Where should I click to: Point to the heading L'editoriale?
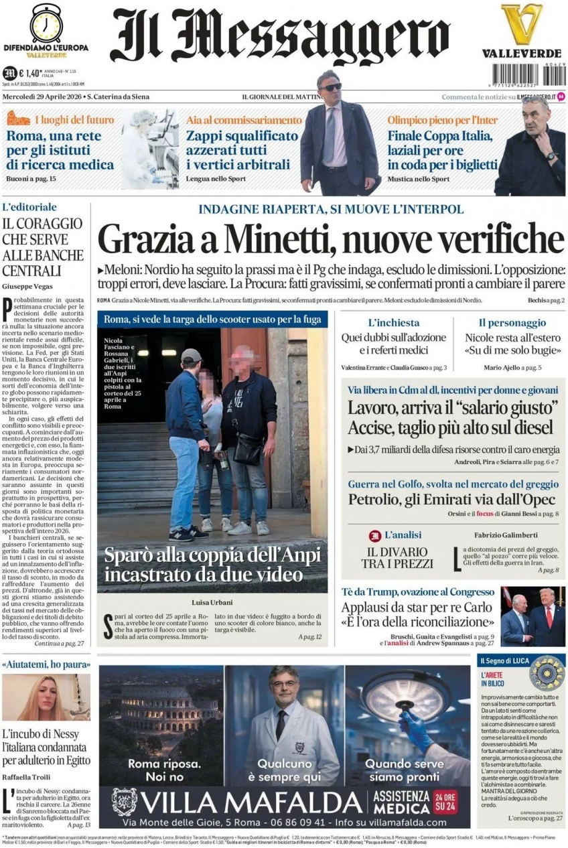pos(29,208)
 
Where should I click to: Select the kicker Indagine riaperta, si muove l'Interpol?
pos(331,210)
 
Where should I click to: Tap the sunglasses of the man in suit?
pos(330,87)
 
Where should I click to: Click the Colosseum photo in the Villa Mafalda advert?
pos(161,717)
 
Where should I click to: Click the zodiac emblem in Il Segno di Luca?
pos(547,673)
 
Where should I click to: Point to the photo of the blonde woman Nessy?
pos(46,697)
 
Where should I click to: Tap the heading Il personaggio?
pos(512,323)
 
